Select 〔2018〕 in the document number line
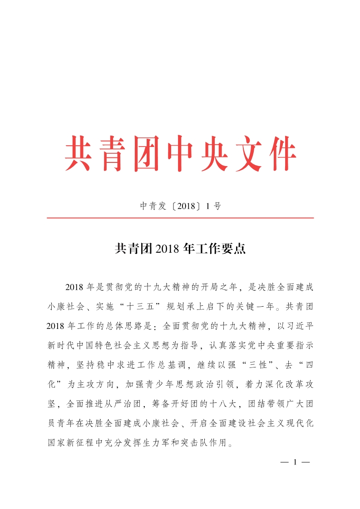click(184, 206)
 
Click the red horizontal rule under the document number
click(180, 218)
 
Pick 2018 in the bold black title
click(168, 249)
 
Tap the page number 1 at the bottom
click(295, 463)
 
